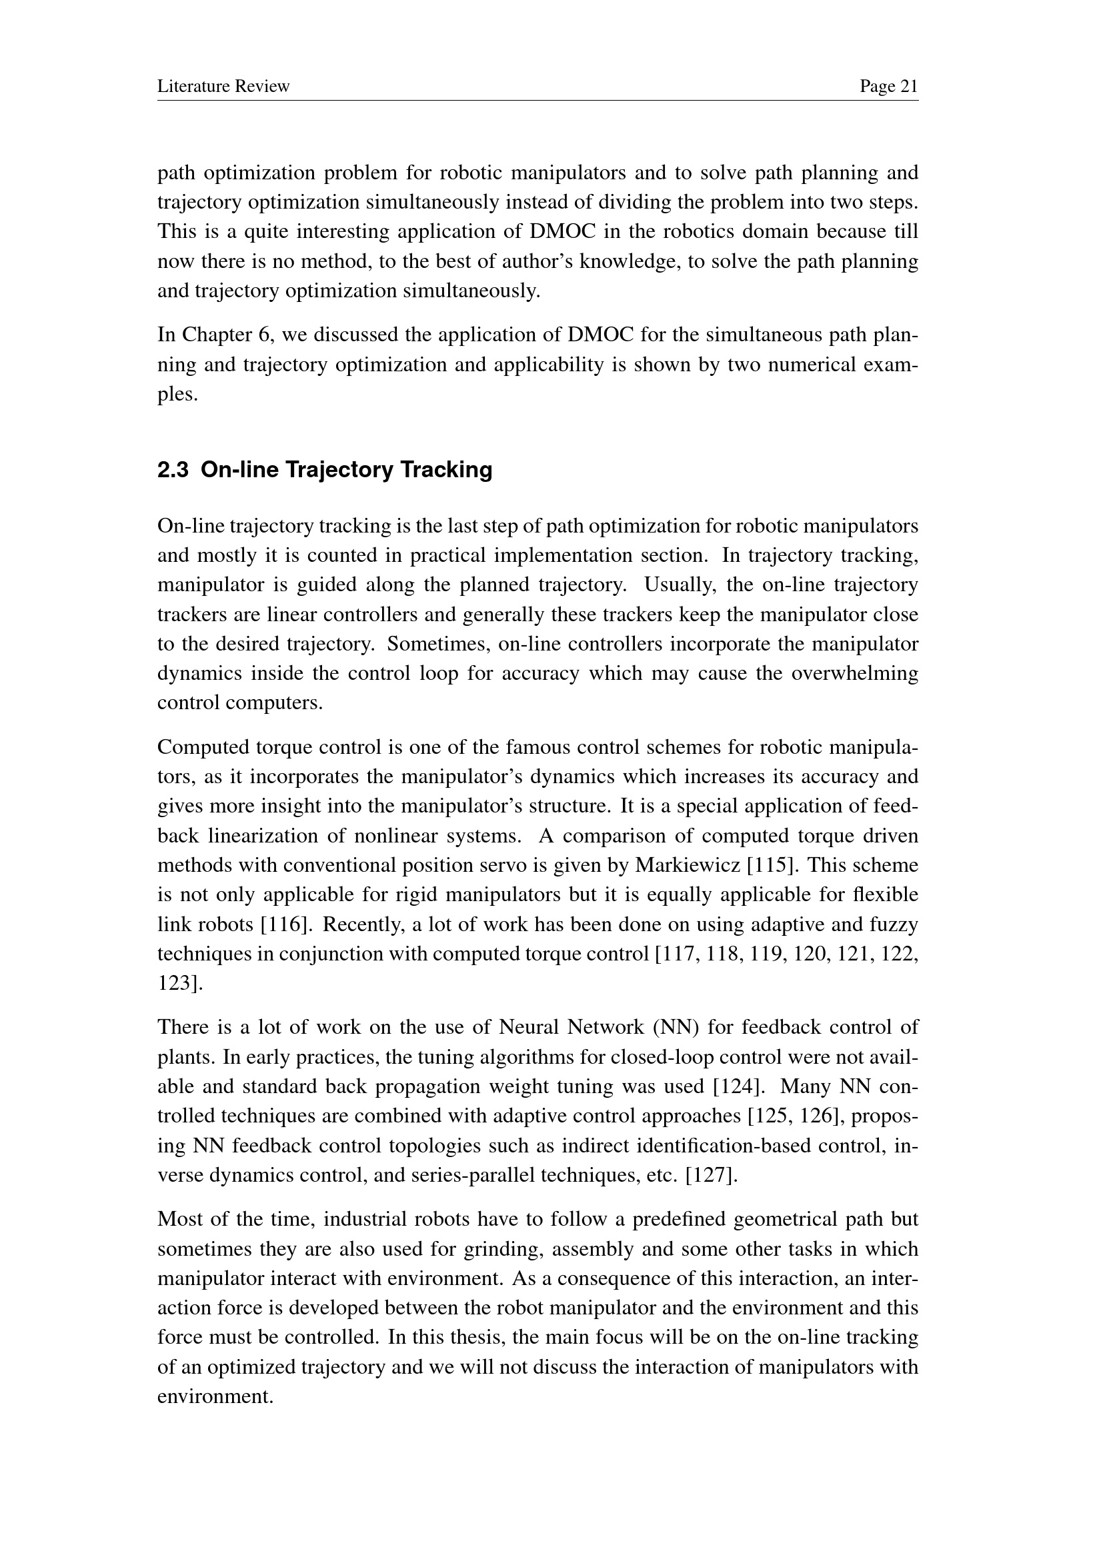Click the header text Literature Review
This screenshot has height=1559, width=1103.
tap(223, 86)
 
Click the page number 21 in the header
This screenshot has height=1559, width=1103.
tap(908, 86)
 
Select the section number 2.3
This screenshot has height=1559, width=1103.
tap(173, 470)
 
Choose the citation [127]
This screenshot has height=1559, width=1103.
tap(711, 1175)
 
